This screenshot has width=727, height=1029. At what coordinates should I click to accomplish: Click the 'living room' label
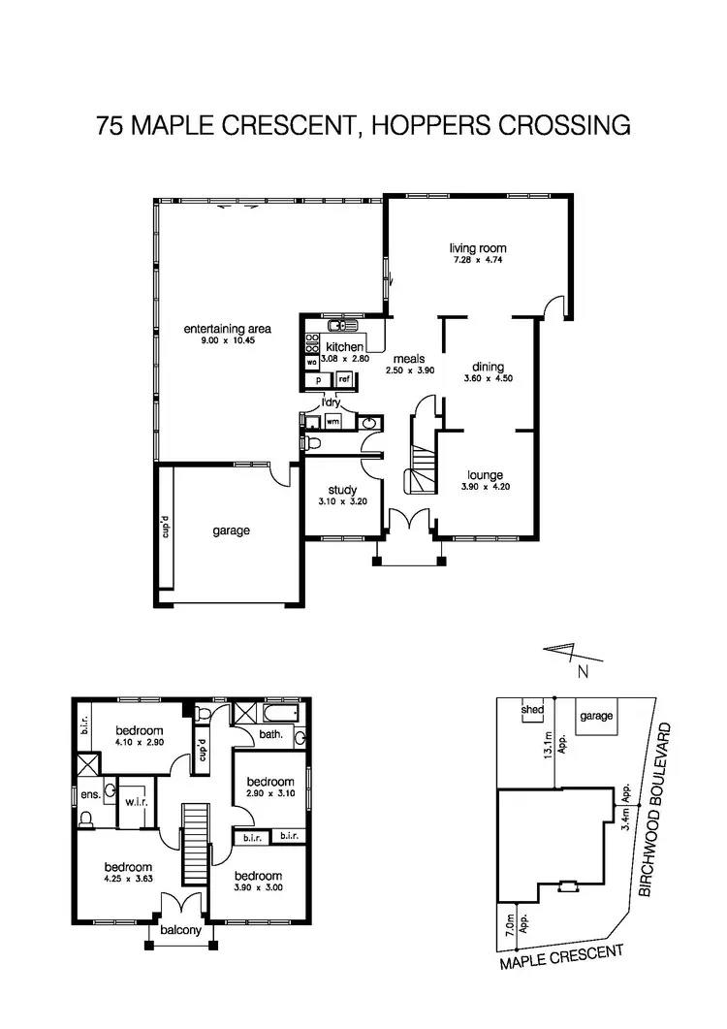click(x=478, y=247)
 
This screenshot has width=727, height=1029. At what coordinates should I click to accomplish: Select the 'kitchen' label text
click(x=344, y=347)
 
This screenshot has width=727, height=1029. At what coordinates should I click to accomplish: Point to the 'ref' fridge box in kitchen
click(x=343, y=379)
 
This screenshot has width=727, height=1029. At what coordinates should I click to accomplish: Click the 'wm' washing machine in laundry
click(x=332, y=422)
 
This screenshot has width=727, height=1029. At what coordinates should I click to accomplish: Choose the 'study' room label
click(x=342, y=490)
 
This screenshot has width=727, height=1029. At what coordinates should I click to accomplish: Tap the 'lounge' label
click(x=484, y=475)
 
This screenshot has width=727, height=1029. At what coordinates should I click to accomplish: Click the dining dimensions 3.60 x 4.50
click(x=488, y=378)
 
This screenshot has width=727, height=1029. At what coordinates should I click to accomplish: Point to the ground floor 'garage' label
click(x=232, y=531)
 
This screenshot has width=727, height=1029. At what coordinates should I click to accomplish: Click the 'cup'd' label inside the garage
click(x=166, y=528)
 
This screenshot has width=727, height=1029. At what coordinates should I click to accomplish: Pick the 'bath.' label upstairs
click(x=271, y=734)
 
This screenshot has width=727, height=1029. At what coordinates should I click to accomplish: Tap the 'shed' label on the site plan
click(x=532, y=709)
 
